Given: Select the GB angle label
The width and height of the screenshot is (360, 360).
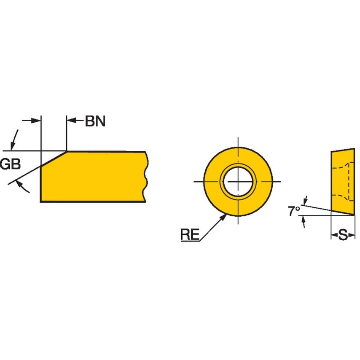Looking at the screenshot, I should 10,164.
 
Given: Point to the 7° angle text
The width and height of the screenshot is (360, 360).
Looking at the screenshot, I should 294,211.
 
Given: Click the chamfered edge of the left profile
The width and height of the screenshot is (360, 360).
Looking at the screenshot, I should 54,159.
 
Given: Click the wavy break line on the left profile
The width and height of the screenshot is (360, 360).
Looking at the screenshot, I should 146,177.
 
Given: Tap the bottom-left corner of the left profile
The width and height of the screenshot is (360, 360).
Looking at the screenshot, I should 40,202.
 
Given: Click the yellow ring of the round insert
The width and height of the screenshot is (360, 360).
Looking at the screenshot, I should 213,182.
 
